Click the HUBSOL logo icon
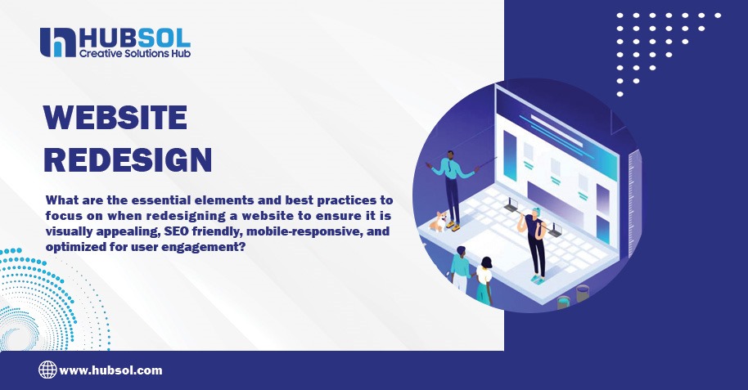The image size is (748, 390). [x=57, y=43]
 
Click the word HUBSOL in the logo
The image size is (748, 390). [x=133, y=37]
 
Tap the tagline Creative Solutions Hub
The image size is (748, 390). [x=134, y=53]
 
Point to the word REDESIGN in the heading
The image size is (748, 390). [x=128, y=159]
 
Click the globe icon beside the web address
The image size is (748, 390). [x=47, y=370]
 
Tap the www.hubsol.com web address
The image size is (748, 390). [x=110, y=370]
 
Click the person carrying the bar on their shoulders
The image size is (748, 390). [x=535, y=241]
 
